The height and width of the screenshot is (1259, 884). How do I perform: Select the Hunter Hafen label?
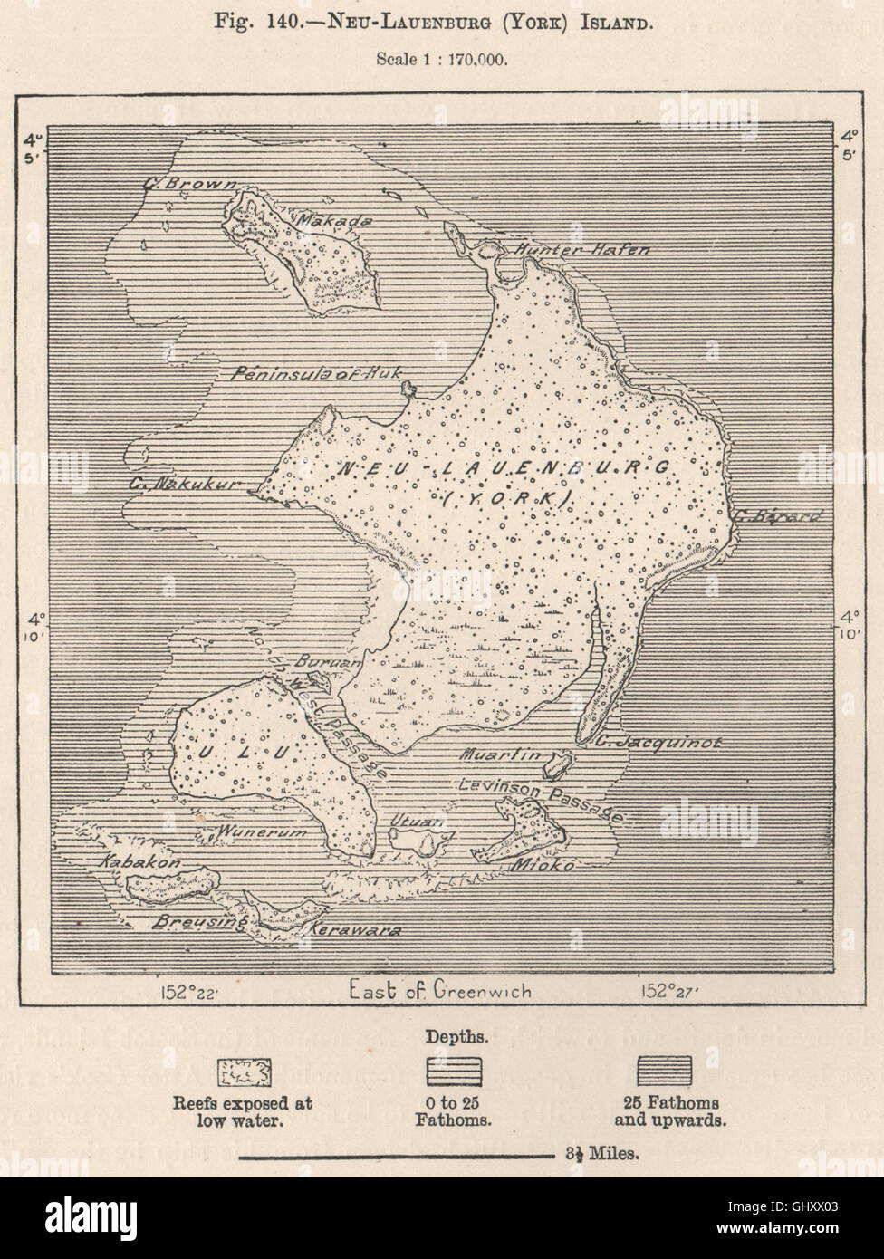[581, 249]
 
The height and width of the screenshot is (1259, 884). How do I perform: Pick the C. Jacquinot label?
[658, 742]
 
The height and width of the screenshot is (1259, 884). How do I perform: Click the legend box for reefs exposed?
[241, 1071]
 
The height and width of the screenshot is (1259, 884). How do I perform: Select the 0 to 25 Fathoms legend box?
[453, 1071]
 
